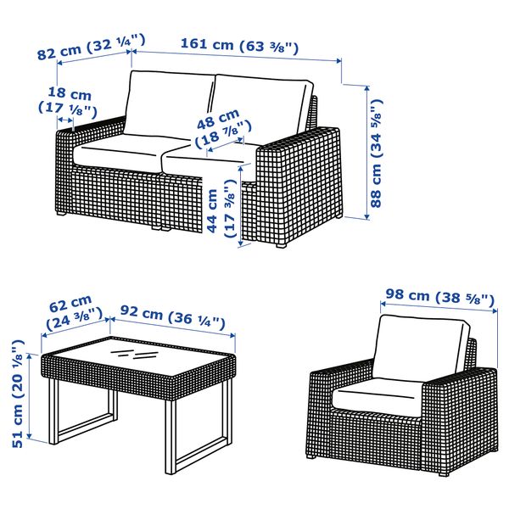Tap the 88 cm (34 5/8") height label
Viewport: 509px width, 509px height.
point(377,150)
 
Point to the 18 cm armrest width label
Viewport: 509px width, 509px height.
point(69,101)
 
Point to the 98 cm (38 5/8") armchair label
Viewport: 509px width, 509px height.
point(439,298)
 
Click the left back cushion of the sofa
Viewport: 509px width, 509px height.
point(170,106)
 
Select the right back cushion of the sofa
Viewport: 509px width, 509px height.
point(260,106)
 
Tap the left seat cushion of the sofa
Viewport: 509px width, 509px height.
point(119,151)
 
